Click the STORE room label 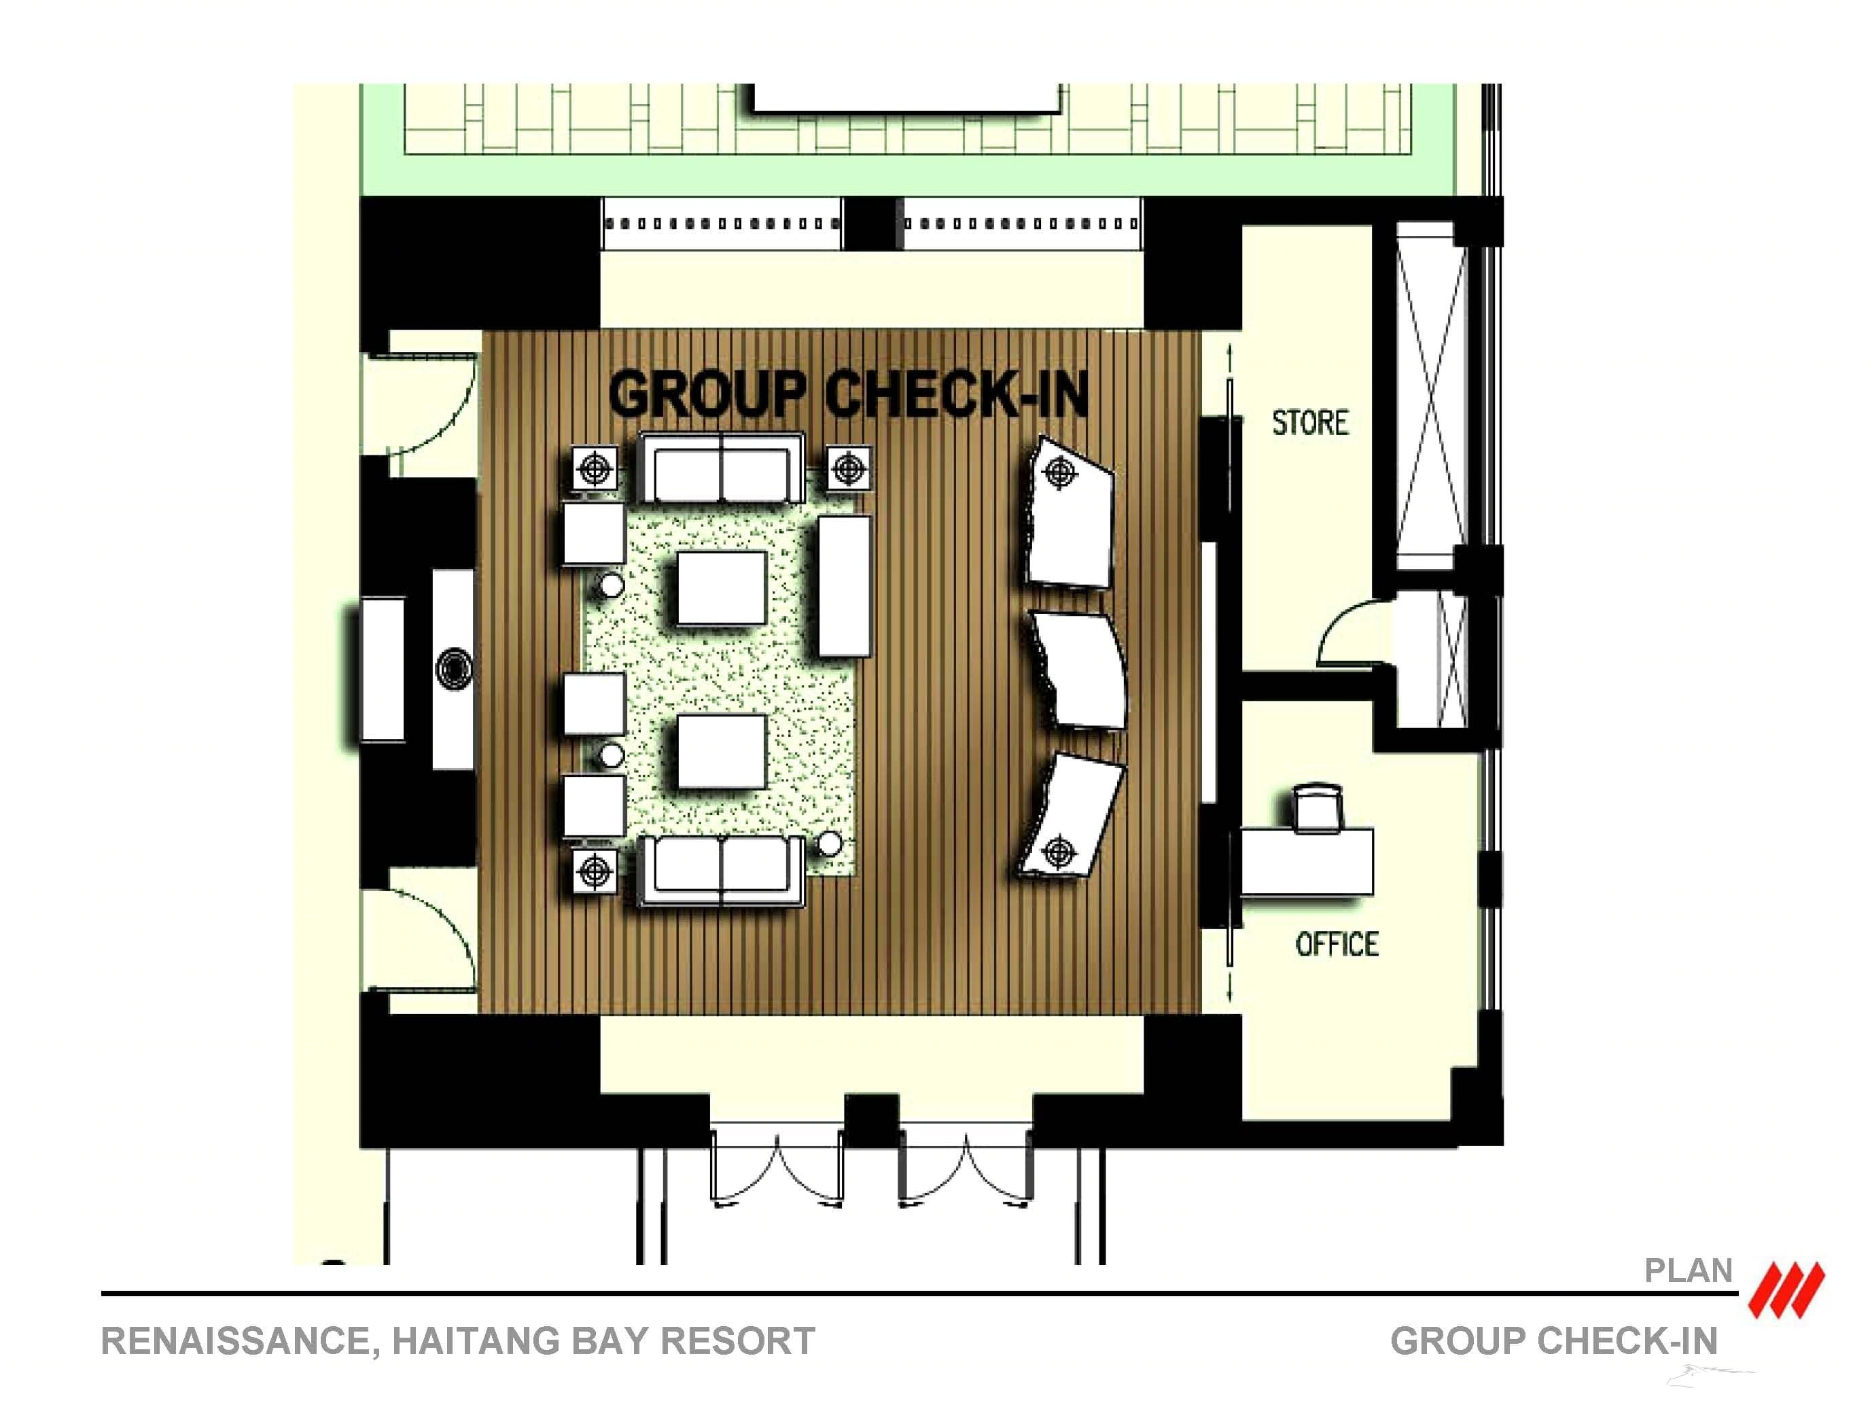(x=1310, y=422)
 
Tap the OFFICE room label (x=1337, y=943)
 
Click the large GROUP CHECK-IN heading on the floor (x=848, y=394)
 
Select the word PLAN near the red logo (x=1689, y=1270)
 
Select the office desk (x=1307, y=862)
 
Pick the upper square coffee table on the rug (x=721, y=588)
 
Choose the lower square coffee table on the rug (x=721, y=752)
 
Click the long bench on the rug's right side (x=844, y=586)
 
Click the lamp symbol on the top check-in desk (x=1059, y=472)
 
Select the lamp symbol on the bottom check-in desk (x=1059, y=852)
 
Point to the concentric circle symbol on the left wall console (x=455, y=669)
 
